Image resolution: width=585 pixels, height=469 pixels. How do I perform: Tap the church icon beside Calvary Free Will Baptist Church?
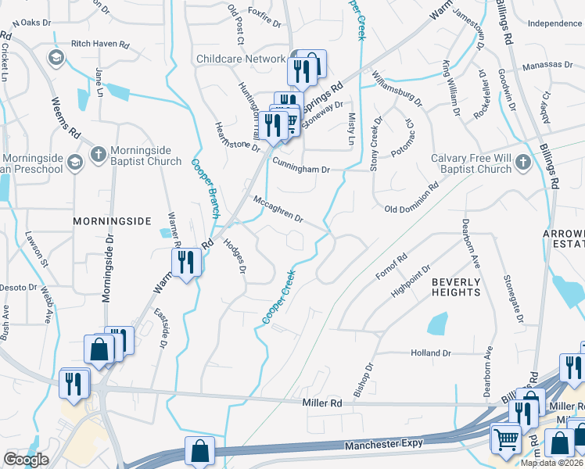(523, 163)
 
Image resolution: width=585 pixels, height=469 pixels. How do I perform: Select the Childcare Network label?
(241, 59)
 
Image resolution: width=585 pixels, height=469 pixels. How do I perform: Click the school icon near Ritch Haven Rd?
(56, 58)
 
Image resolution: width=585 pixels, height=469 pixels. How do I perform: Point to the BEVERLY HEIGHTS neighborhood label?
(456, 286)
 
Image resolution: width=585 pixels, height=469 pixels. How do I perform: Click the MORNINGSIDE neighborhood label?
(111, 221)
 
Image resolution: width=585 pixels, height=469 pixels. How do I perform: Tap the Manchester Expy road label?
(383, 444)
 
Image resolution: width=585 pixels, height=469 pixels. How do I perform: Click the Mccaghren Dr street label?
(278, 209)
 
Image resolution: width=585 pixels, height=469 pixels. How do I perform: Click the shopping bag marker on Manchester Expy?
(199, 451)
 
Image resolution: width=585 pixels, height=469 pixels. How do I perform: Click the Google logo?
(26, 460)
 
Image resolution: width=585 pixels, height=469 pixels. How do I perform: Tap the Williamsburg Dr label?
(397, 90)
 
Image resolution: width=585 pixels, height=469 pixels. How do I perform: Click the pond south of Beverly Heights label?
(438, 323)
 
